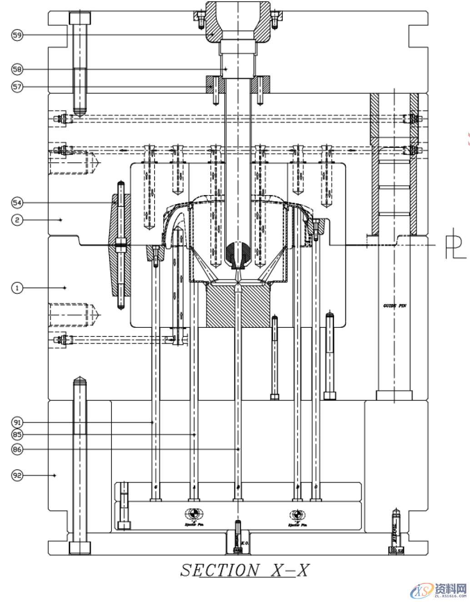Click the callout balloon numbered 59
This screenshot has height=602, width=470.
pos(17,35)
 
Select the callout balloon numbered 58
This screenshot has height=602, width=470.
pos(17,69)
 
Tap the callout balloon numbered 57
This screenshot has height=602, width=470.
pos(17,86)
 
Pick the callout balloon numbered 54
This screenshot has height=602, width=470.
pos(17,202)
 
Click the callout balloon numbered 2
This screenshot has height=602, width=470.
pos(17,220)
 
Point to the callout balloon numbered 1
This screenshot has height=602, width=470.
pos(17,287)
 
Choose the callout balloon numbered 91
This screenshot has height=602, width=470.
pos(17,422)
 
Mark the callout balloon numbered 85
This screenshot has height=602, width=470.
pos(17,435)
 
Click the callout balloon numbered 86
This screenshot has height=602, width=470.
pos(17,449)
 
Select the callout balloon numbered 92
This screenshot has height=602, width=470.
pos(17,475)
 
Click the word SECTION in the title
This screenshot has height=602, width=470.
pos(220,570)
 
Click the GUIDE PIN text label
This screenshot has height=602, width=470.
pos(394,306)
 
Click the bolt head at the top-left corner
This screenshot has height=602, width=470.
pos(80,18)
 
